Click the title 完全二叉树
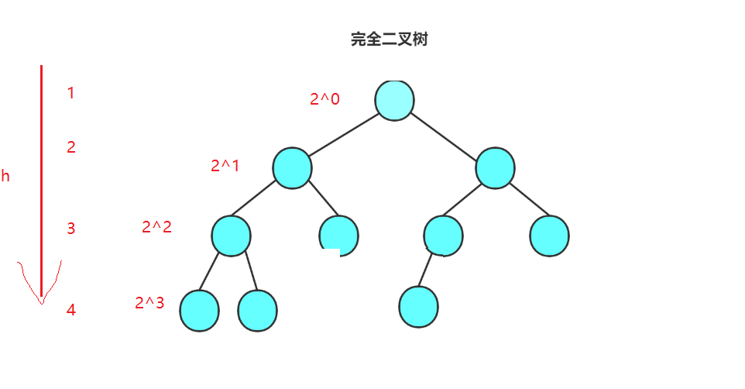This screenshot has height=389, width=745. click(389, 40)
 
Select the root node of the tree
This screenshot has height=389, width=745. click(394, 101)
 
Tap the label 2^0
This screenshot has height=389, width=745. click(324, 99)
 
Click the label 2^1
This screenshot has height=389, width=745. click(225, 165)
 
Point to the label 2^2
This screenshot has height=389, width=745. click(156, 227)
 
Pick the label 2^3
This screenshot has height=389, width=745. click(149, 303)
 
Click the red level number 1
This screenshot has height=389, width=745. click(71, 94)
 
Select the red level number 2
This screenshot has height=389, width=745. click(71, 147)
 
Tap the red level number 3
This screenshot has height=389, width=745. click(71, 229)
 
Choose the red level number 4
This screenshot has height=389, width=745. click(71, 310)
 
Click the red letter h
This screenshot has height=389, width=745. click(5, 177)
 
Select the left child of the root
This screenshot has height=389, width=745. click(293, 167)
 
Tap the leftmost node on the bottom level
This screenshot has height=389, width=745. click(199, 310)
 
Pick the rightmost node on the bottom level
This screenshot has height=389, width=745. click(419, 306)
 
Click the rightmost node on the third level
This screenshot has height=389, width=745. click(549, 236)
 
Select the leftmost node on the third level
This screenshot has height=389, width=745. click(231, 236)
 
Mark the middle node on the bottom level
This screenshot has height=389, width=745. click(257, 310)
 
